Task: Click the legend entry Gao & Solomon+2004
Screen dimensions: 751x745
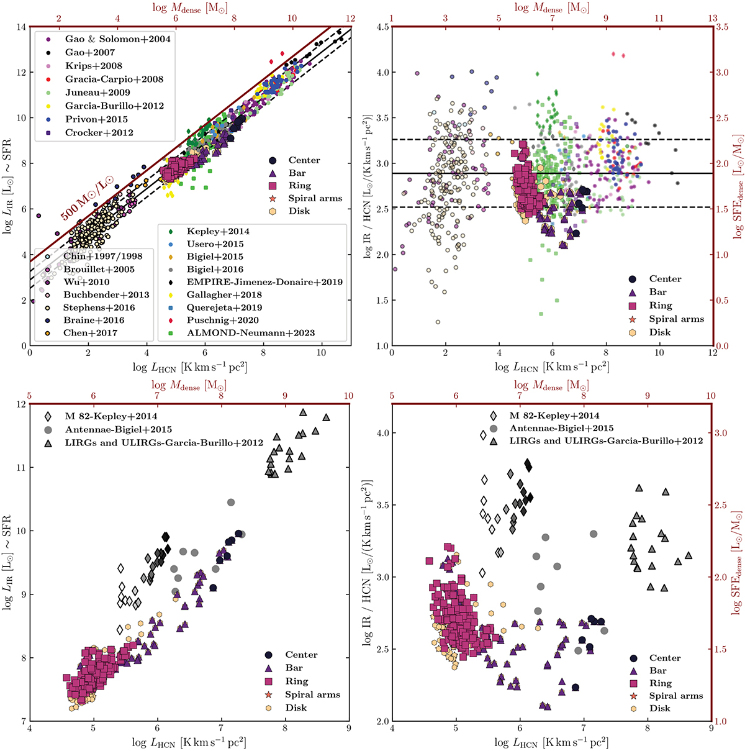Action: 117,39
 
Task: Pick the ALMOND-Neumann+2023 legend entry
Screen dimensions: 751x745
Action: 251,333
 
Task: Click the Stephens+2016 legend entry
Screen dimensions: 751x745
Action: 99,307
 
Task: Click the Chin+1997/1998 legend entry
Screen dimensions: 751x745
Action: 102,256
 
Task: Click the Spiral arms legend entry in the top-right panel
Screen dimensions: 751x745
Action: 676,319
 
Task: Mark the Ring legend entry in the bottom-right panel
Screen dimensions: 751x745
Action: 660,683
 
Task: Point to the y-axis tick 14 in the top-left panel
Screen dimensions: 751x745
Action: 20,27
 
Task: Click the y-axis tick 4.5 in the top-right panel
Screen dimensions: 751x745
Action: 381,27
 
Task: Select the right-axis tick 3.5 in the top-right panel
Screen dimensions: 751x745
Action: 723,27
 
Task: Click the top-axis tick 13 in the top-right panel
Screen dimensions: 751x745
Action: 713,19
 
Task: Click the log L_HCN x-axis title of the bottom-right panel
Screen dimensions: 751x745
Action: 551,742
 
